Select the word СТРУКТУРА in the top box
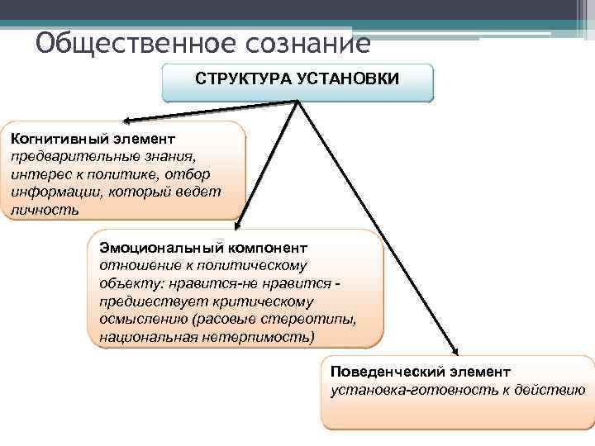235,78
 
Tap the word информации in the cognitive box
52,192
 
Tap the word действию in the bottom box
549,390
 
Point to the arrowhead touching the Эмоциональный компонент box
238,222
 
